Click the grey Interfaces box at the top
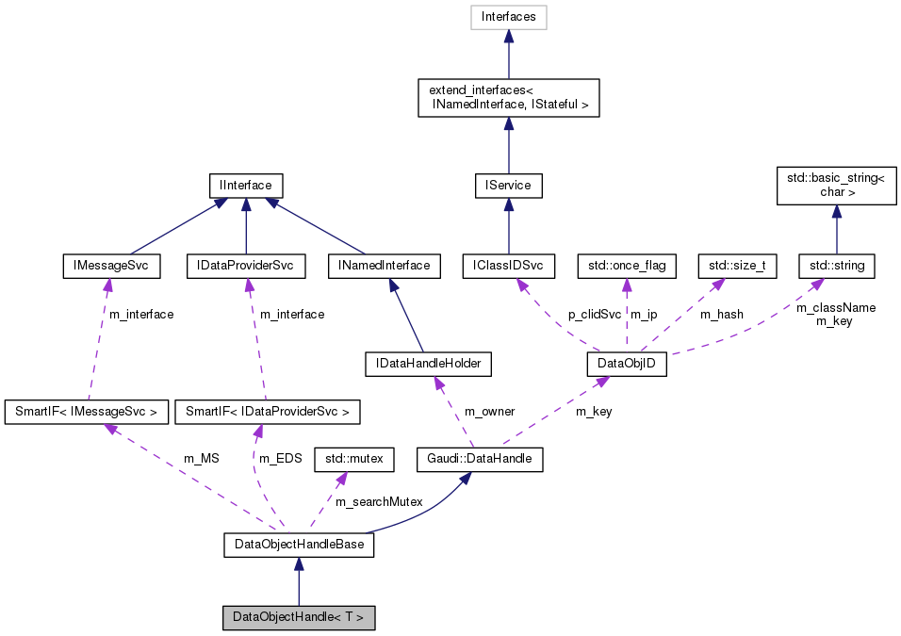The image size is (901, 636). click(508, 17)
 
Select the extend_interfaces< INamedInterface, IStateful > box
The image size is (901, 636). click(508, 97)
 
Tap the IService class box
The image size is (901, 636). click(508, 186)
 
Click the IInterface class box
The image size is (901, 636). click(245, 186)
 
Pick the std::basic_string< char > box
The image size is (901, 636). click(829, 186)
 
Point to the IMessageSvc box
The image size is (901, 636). click(110, 266)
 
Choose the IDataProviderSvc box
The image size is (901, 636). click(245, 266)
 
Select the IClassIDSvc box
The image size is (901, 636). click(508, 266)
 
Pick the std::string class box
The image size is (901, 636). click(837, 266)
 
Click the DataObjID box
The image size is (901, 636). click(627, 363)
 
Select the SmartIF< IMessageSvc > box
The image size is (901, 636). click(87, 412)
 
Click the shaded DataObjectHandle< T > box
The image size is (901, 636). click(299, 618)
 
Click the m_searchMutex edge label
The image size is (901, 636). click(379, 502)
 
